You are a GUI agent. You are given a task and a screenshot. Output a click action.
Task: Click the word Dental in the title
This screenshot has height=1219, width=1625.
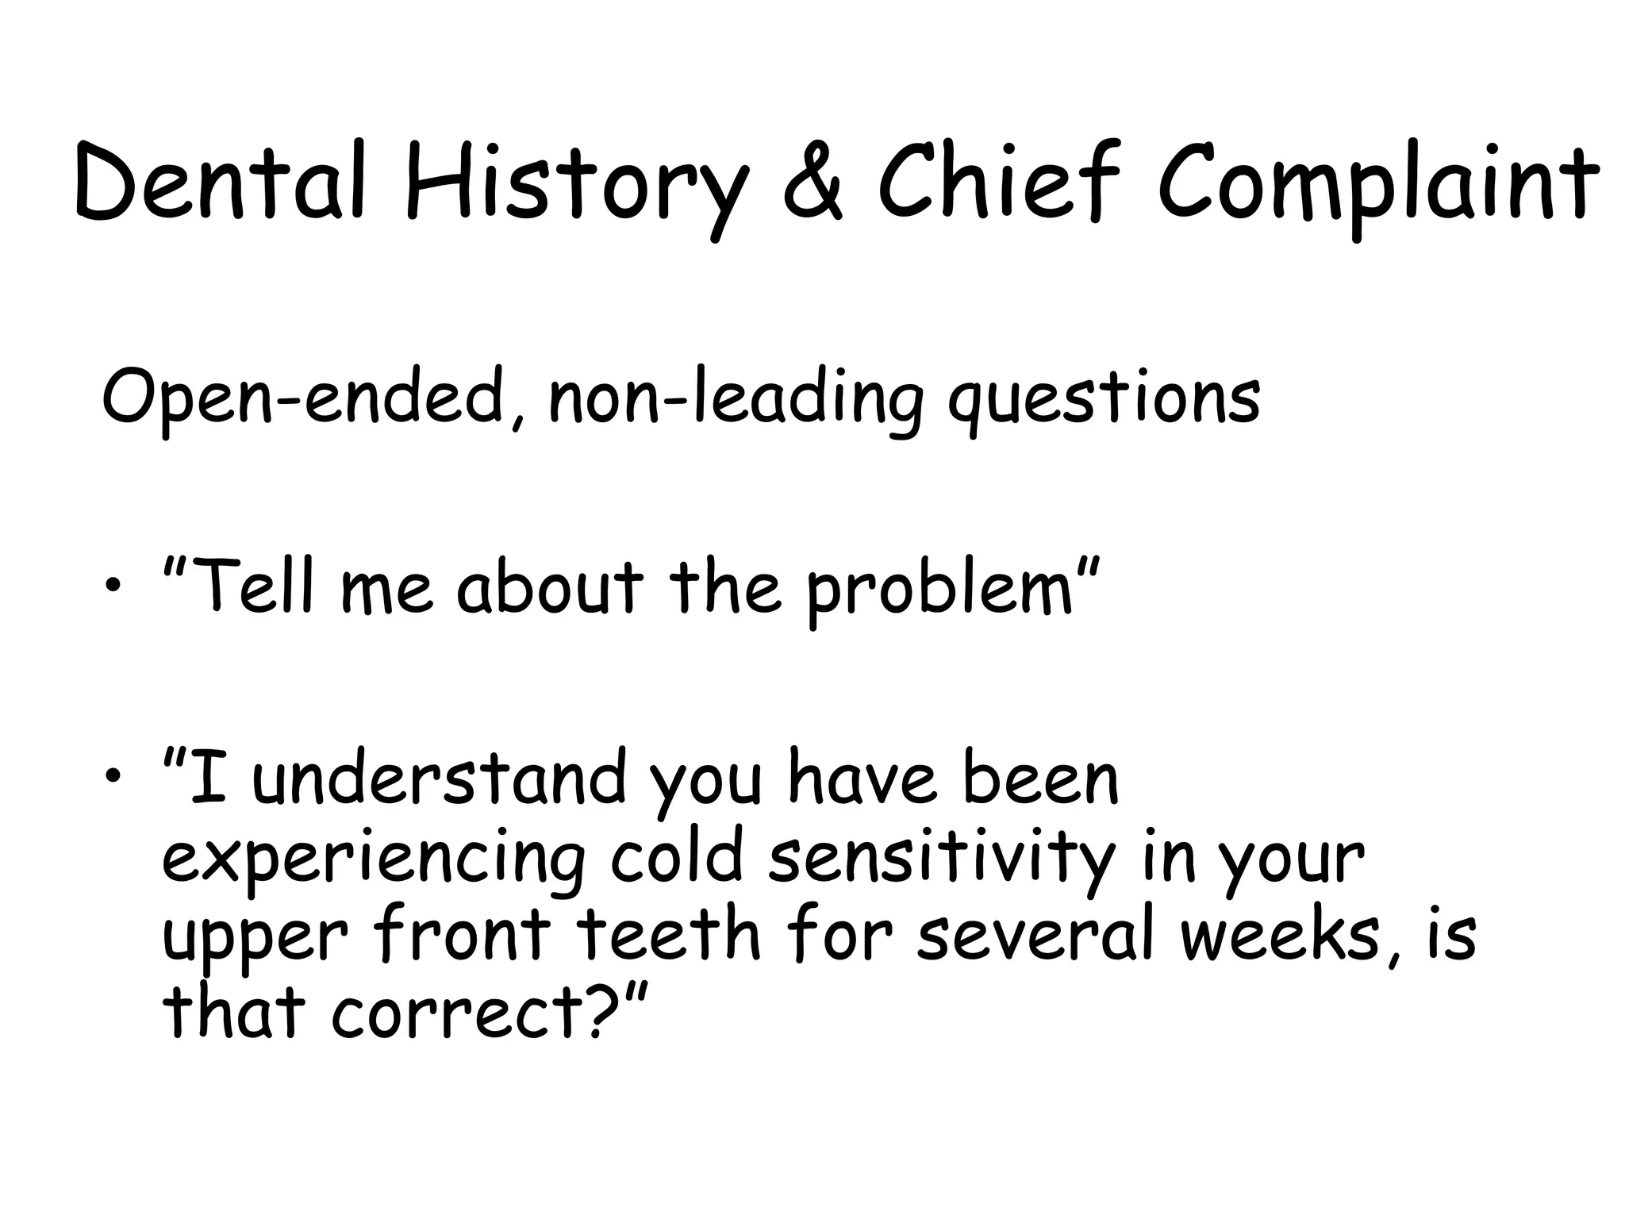point(221,181)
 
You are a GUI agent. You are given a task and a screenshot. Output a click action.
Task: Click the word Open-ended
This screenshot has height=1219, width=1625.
point(305,397)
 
